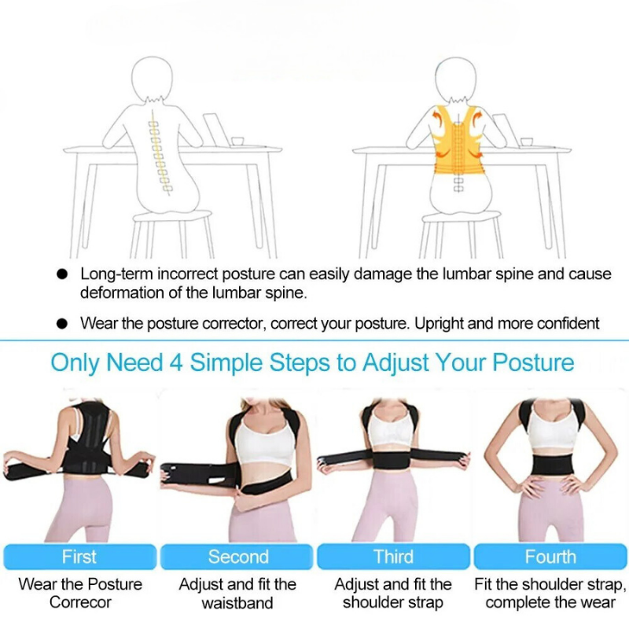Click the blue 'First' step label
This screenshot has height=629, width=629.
coord(79,557)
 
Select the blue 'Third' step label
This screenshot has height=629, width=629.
coord(394,557)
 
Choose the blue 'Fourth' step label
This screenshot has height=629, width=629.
coord(550,557)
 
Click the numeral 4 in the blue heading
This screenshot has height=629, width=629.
coord(176,362)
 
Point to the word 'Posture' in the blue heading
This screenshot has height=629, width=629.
coord(533,362)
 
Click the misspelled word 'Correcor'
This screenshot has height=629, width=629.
coord(80,602)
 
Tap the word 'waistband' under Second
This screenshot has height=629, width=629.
coord(237,602)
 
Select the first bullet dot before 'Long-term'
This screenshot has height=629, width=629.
coord(62,274)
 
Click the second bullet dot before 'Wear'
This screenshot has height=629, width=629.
coord(62,323)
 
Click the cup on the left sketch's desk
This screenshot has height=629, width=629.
coord(237,142)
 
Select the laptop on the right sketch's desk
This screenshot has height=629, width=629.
coord(502,130)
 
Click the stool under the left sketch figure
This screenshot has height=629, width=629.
coord(172,234)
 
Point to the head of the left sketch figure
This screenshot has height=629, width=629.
coord(153,78)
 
